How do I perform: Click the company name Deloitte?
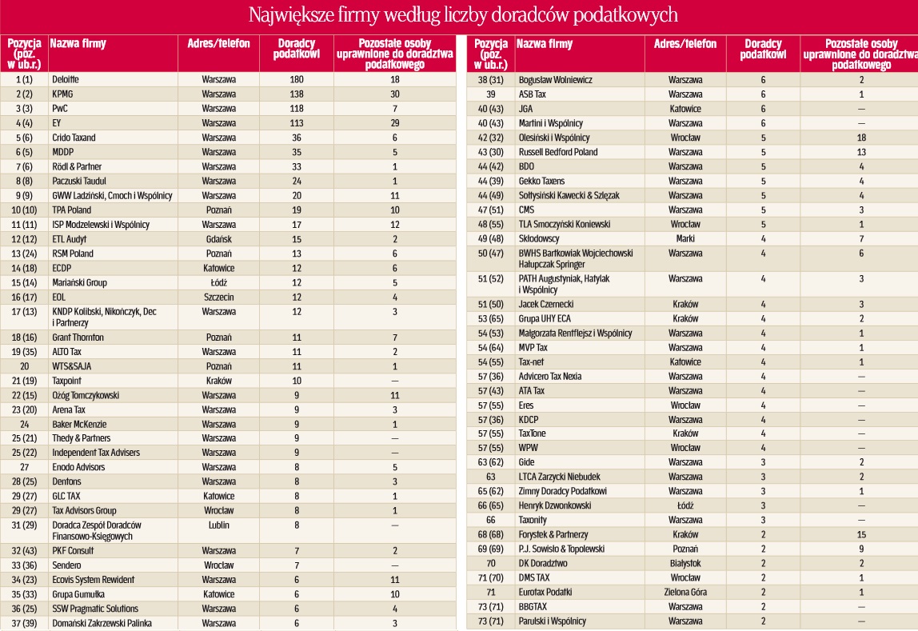65,80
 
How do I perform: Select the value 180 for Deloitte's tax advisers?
296,80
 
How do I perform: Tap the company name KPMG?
62,94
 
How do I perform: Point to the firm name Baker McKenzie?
79,425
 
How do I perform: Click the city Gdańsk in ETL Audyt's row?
218,239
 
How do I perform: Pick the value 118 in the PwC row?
296,109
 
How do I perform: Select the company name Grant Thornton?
78,337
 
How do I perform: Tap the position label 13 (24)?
24,254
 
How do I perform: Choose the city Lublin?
218,525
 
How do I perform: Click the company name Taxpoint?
66,381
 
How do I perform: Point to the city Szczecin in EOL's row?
218,298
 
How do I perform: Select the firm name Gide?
526,462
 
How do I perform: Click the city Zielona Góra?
685,593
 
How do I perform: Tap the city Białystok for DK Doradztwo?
685,564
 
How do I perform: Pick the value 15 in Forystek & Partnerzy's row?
861,535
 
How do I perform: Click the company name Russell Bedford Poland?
558,152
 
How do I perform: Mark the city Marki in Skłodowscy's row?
685,239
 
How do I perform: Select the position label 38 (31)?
491,80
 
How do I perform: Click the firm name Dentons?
66,481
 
